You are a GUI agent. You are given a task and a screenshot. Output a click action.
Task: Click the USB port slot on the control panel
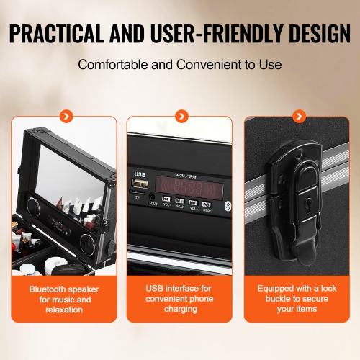pyautogui.click(x=139, y=183)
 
